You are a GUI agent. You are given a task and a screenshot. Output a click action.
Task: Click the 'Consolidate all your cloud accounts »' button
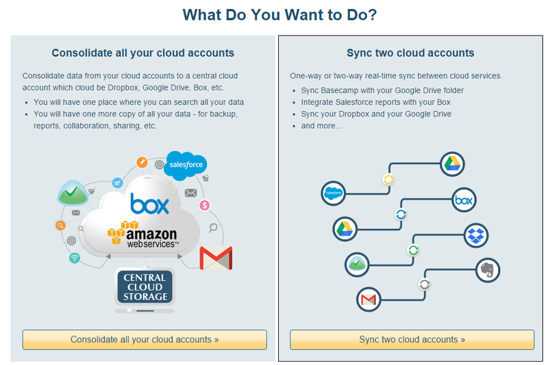click(x=145, y=340)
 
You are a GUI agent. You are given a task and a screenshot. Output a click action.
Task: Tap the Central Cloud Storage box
click(x=145, y=287)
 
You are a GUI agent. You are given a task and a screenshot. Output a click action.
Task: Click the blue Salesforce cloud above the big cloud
click(x=186, y=165)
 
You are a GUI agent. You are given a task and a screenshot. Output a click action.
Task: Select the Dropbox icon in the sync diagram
click(x=476, y=236)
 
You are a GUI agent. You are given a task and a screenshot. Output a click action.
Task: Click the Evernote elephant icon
click(x=487, y=269)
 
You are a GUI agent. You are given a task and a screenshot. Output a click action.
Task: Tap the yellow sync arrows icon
click(x=388, y=180)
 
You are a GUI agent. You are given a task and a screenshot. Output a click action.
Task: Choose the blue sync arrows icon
click(x=401, y=214)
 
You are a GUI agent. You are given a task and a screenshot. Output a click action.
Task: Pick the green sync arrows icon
click(x=413, y=250)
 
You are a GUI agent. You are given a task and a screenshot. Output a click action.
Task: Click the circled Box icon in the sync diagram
click(x=464, y=201)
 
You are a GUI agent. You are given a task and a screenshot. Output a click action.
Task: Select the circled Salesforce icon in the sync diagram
click(x=334, y=194)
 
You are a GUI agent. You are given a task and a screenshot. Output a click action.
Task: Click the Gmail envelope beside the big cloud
click(x=216, y=258)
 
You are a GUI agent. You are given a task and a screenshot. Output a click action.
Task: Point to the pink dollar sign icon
click(x=204, y=205)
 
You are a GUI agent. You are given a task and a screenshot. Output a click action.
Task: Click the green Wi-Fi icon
click(x=75, y=258)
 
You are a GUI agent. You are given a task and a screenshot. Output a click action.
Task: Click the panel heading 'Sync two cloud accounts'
click(x=410, y=53)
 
